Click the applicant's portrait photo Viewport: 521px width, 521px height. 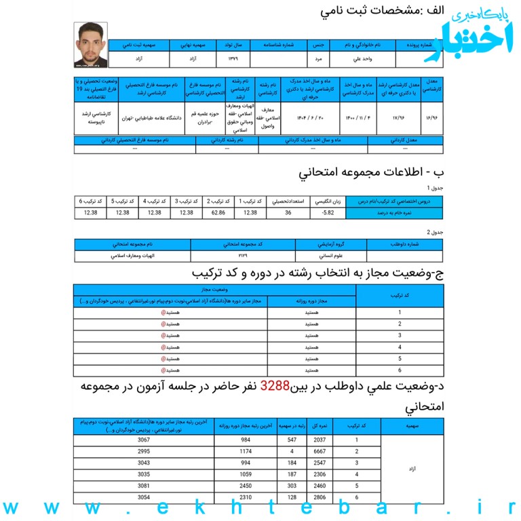click(x=91, y=45)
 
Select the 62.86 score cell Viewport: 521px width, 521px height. click(x=218, y=212)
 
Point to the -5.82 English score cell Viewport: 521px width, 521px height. click(x=328, y=212)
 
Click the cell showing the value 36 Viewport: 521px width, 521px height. click(x=288, y=212)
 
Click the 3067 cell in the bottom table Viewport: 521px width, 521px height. click(x=143, y=440)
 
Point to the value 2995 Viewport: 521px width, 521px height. click(x=143, y=452)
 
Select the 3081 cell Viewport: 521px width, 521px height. click(x=143, y=486)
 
